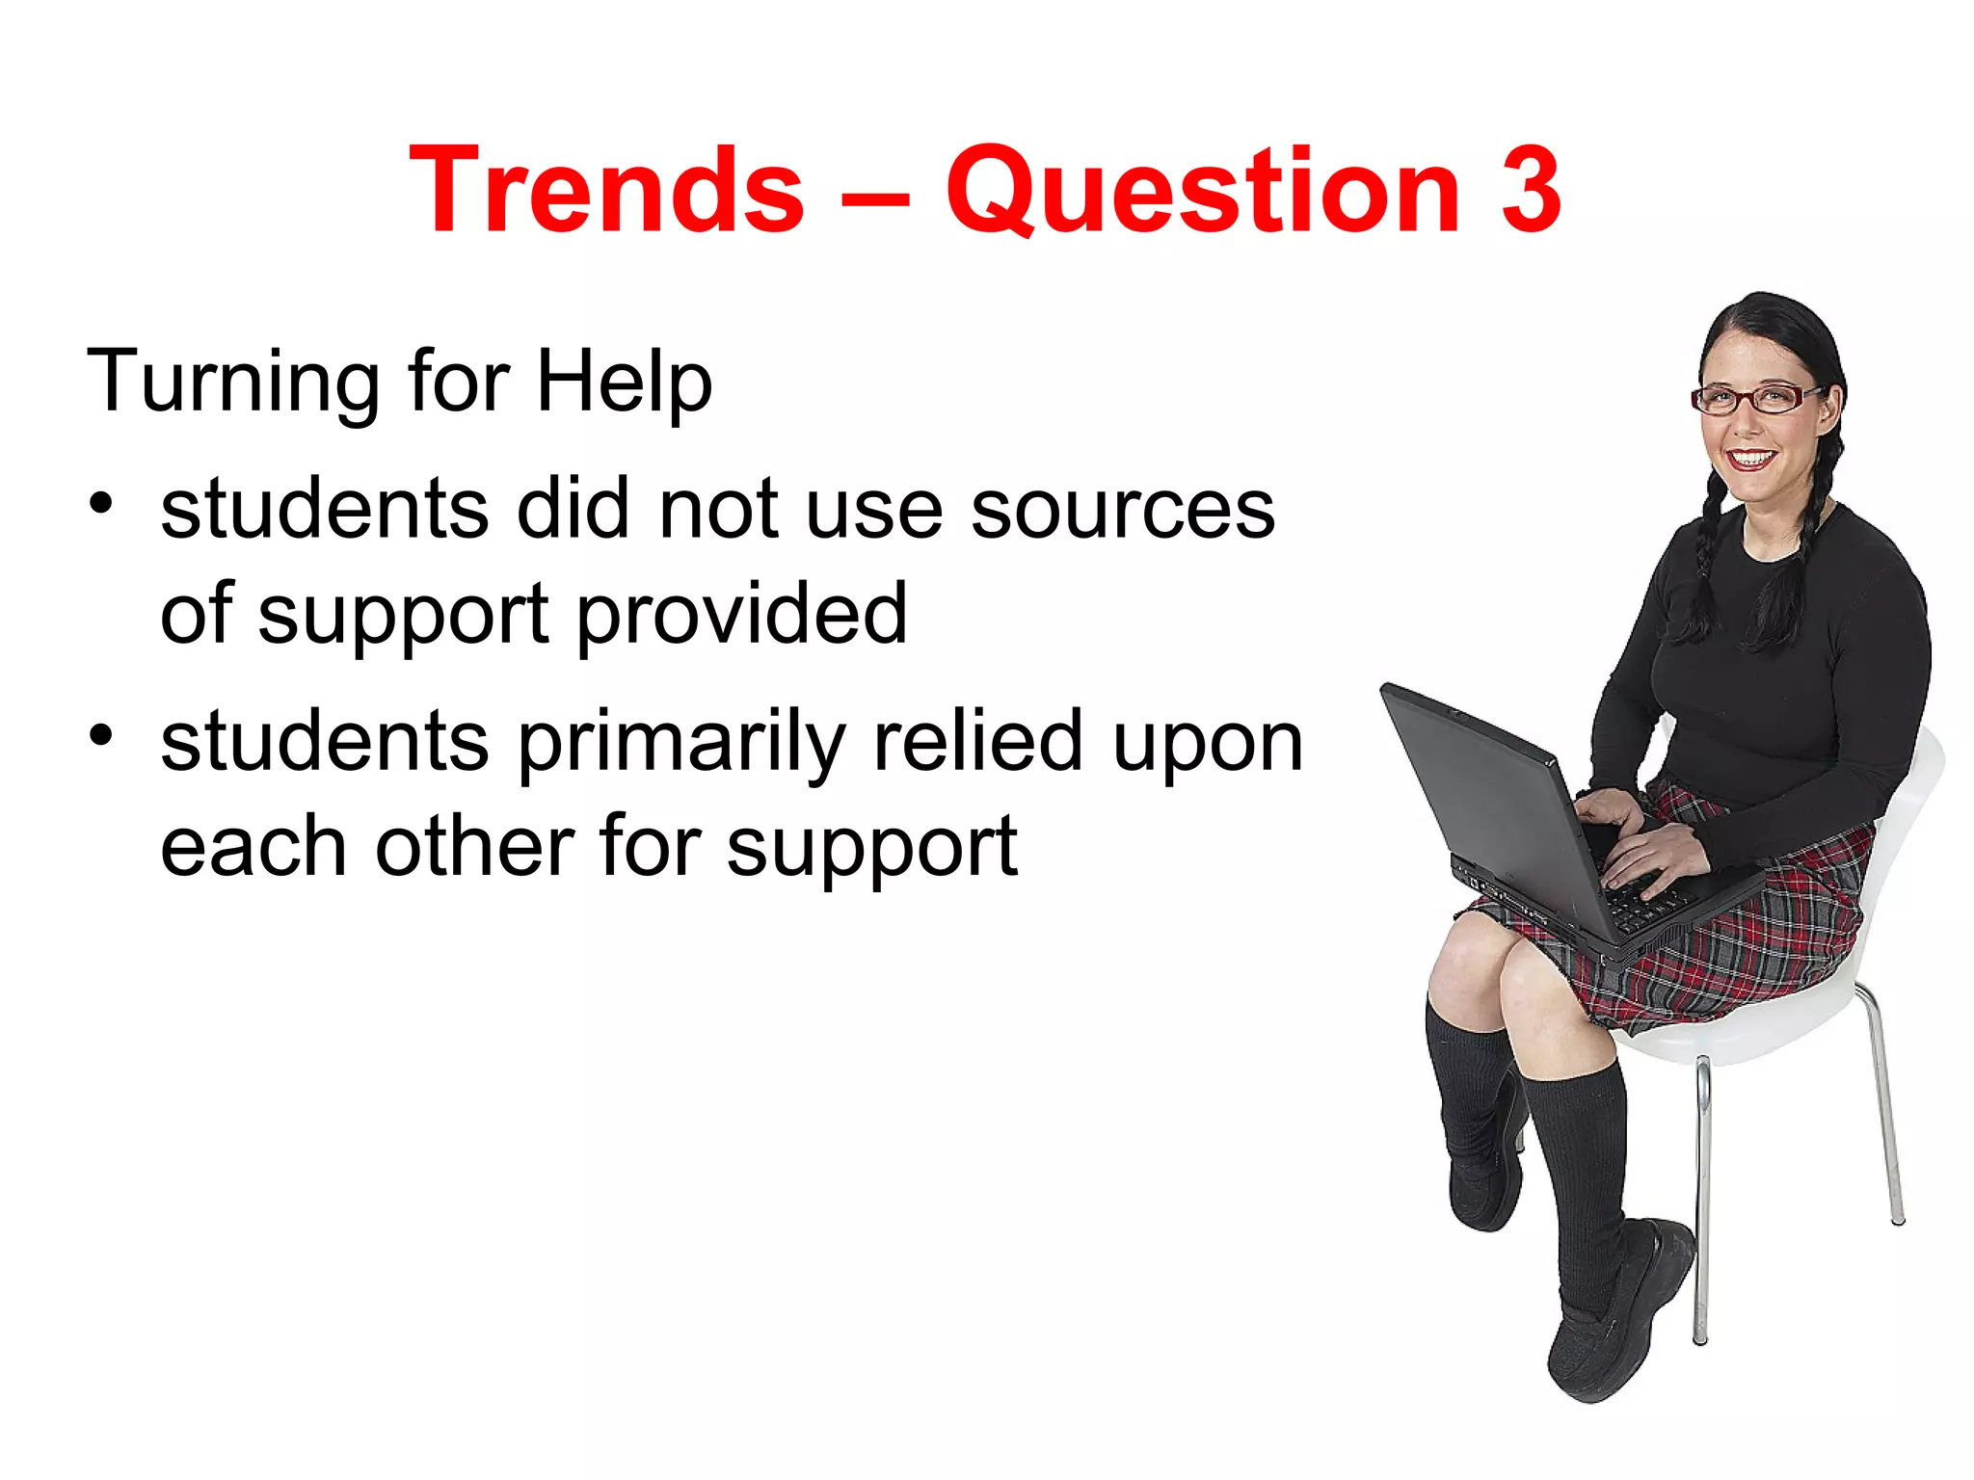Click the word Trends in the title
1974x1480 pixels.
point(606,190)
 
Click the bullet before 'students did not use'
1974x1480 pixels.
point(101,503)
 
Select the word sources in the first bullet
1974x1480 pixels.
point(1122,510)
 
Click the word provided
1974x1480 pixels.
point(742,614)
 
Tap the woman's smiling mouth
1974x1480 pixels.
point(1750,457)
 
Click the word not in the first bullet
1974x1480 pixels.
point(718,510)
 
